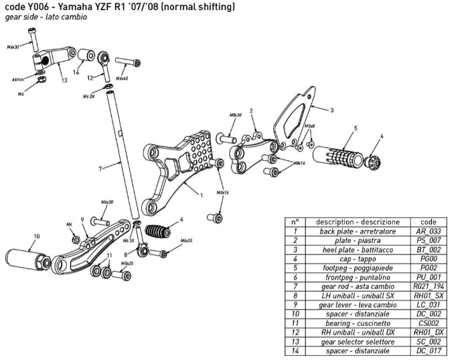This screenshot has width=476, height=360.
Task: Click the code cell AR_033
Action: point(428,231)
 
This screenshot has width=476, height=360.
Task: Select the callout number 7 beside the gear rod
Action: point(100,169)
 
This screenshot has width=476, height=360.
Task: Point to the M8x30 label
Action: point(235,115)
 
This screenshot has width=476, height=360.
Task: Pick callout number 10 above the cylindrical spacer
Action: point(36,236)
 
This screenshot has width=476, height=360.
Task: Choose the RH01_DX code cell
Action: point(428,332)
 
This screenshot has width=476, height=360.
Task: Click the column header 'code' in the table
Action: point(428,221)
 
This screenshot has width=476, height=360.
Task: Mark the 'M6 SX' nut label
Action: point(128,240)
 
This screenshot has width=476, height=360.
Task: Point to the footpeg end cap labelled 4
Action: point(374,161)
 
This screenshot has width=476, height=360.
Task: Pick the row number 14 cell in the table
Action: point(295,351)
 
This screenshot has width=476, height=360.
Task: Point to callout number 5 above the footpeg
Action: point(355,128)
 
